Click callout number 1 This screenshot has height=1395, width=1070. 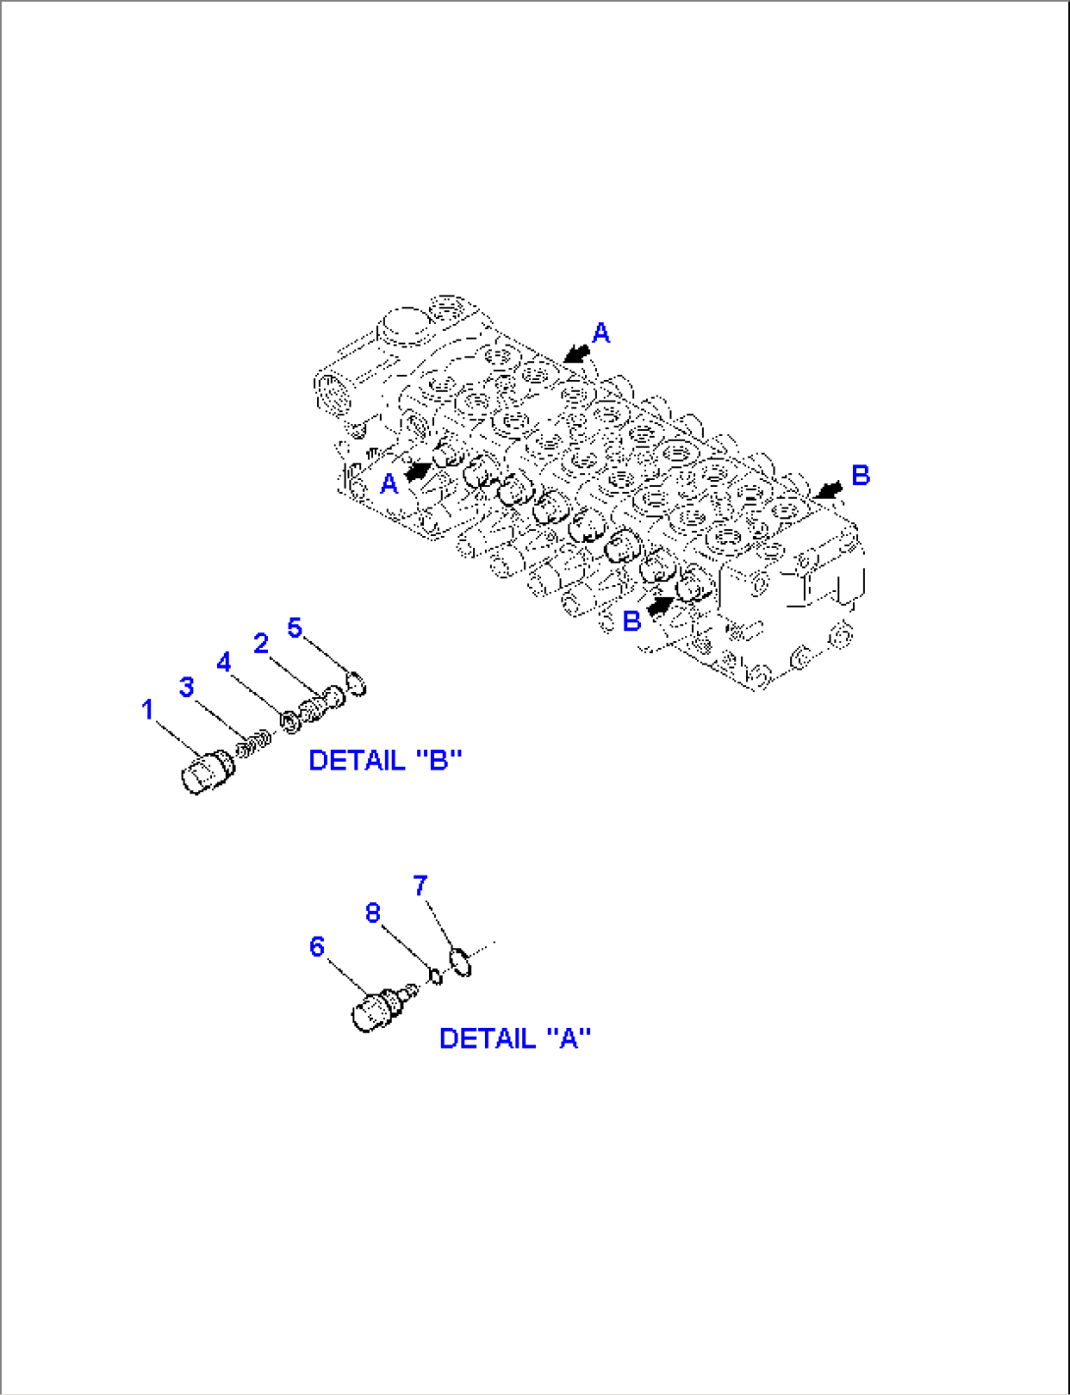point(147,709)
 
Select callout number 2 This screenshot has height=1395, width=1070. point(260,643)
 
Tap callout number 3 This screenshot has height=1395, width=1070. point(187,687)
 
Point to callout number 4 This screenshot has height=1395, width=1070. point(224,663)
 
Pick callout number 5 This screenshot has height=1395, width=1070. point(294,627)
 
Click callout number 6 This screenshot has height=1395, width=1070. point(316,946)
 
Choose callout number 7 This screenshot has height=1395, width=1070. point(420,885)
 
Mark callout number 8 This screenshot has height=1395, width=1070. point(373,913)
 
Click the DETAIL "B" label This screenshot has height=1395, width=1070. point(385,760)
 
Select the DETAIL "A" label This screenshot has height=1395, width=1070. point(514,1039)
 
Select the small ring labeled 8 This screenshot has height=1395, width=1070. point(436,975)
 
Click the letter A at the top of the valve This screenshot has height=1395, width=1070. point(601,334)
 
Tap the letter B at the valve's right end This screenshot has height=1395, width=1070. point(860,476)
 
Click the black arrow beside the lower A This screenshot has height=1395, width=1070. point(418,471)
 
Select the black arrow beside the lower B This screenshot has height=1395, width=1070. point(661,607)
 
